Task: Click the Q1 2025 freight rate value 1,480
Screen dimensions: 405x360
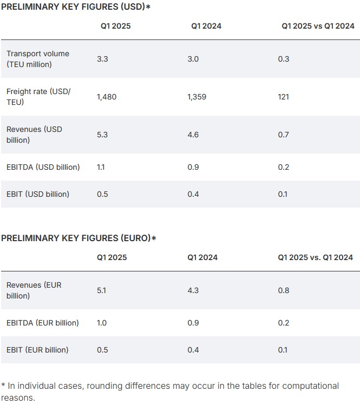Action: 107,97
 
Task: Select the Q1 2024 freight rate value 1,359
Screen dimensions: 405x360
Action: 198,97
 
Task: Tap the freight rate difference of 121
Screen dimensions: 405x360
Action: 283,97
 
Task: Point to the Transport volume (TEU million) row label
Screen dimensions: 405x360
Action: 38,59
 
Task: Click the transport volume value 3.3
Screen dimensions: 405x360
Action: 102,59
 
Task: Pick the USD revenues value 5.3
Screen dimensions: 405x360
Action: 102,135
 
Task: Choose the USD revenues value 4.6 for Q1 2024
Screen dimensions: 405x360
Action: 193,135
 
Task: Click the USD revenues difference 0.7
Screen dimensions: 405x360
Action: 283,135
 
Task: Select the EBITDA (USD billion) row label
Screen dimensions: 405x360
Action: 43,167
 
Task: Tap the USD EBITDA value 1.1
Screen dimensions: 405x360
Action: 101,167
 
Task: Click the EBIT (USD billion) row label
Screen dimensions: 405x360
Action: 38,194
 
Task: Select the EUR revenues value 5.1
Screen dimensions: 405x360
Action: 102,290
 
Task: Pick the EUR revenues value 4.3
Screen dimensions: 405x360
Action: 193,290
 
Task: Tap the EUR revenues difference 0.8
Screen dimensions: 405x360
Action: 283,290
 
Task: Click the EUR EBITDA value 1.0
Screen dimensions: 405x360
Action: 102,323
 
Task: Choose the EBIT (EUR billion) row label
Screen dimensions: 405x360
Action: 37,350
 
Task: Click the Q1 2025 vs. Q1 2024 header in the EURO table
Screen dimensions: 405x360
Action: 315,257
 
